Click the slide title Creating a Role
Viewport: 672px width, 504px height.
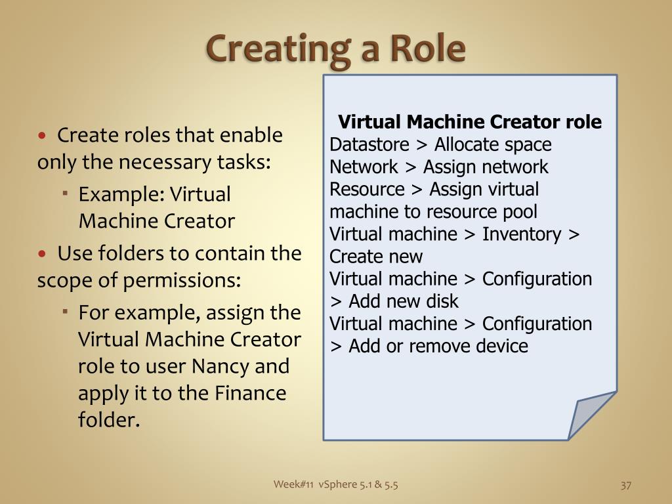pyautogui.click(x=336, y=49)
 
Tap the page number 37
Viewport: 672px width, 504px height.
pyautogui.click(x=625, y=486)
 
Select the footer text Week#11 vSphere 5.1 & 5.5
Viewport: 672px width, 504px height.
pyautogui.click(x=336, y=485)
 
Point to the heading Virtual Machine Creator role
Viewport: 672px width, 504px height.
pyautogui.click(x=470, y=122)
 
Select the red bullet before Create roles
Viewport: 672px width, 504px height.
pyautogui.click(x=43, y=136)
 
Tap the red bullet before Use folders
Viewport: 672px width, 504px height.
pyautogui.click(x=43, y=254)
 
